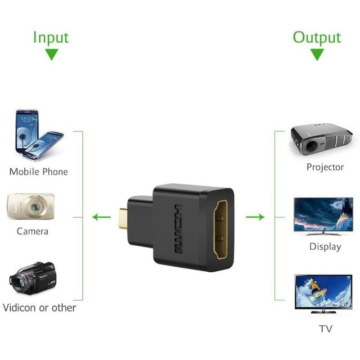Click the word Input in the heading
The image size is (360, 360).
(51, 37)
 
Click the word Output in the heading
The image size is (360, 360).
(317, 37)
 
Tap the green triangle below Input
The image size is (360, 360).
(52, 55)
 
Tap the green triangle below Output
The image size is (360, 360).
(317, 55)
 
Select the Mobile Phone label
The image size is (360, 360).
(38, 172)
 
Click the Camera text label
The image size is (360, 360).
(32, 231)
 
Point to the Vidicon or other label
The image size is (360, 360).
(39, 308)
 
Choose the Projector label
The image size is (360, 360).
(325, 167)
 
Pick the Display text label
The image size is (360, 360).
(325, 247)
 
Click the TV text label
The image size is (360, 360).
(326, 329)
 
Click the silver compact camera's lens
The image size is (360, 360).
(34, 207)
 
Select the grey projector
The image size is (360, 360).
(321, 139)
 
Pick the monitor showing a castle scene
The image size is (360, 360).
(323, 215)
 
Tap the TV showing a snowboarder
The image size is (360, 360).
(323, 292)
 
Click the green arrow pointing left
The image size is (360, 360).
(101, 217)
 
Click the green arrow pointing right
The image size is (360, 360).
(255, 217)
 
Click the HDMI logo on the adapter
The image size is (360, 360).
(179, 229)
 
